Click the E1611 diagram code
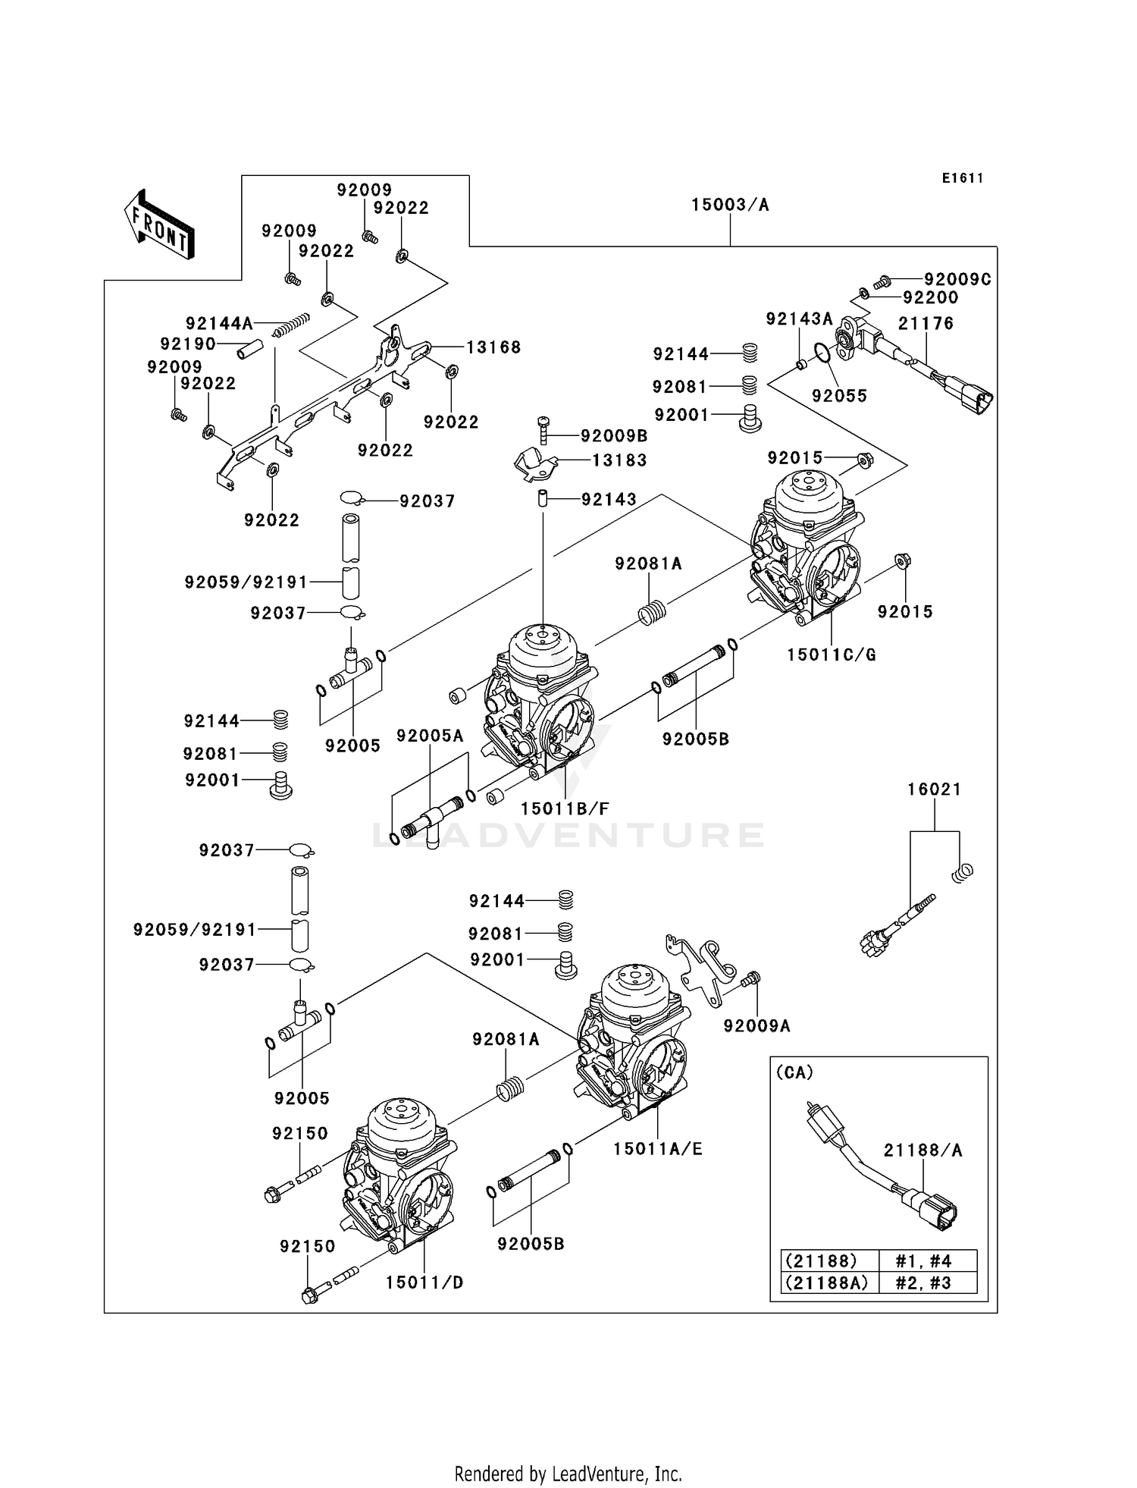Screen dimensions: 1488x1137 point(963,178)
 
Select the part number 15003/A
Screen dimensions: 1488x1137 point(729,205)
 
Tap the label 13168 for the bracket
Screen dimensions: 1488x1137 point(493,347)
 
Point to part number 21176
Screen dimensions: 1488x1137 point(926,324)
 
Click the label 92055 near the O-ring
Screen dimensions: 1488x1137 point(839,396)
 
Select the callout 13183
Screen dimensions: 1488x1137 point(619,460)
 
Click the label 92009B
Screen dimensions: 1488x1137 point(614,436)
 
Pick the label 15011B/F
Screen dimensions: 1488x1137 point(565,809)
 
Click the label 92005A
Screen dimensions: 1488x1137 point(430,736)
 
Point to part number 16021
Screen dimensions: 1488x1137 point(934,790)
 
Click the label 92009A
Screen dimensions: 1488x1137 point(756,1026)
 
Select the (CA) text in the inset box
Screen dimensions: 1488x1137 point(794,1072)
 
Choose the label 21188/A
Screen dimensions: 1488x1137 point(922,1151)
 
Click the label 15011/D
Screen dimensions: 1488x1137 point(424,1282)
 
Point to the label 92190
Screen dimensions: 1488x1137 point(188,344)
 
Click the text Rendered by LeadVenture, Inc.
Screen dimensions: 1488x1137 point(568,1474)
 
